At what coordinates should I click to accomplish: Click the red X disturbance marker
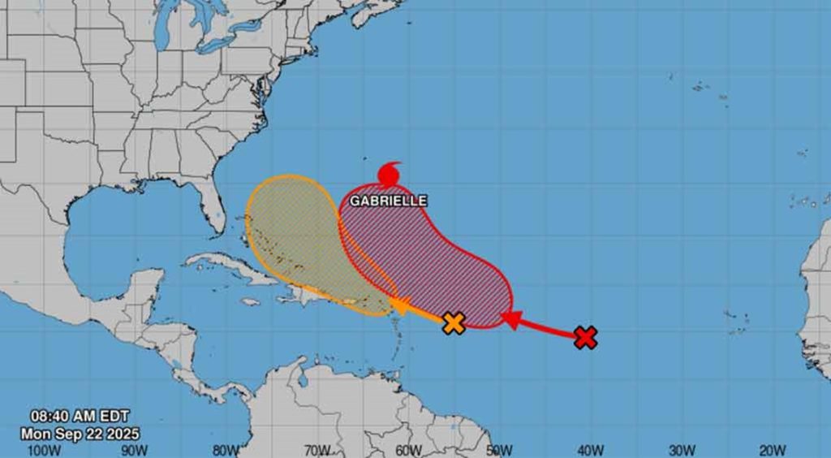[585, 337]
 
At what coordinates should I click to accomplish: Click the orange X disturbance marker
[454, 323]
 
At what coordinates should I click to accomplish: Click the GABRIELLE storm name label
[388, 201]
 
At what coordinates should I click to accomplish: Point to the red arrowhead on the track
[510, 319]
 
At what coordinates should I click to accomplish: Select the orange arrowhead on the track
[399, 306]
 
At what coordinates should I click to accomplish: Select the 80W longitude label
[226, 450]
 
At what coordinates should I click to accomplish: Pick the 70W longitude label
[316, 450]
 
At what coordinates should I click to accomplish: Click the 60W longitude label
[408, 450]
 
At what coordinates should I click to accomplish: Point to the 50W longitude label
[499, 450]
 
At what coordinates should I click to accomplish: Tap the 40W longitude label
[591, 450]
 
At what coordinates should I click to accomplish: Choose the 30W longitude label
[682, 450]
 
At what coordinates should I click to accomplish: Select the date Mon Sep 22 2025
[80, 434]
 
